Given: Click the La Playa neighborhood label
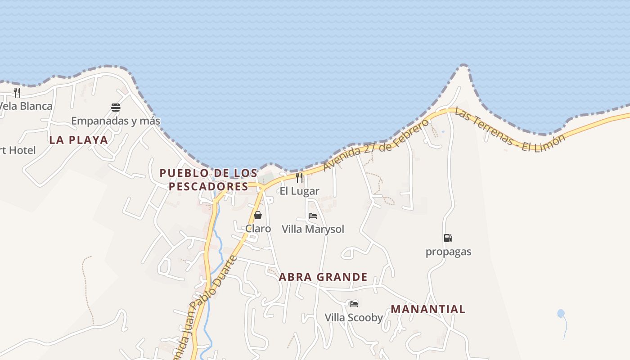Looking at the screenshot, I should [79, 140].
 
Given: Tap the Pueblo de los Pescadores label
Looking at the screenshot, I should [209, 180].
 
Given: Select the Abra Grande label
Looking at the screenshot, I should [323, 277].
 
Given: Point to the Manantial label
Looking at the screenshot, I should [427, 309].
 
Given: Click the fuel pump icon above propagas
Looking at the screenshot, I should [448, 238].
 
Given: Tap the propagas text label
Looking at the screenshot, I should [448, 252].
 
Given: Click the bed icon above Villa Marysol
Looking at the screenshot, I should [313, 216].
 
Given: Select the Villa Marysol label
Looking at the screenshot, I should [313, 229].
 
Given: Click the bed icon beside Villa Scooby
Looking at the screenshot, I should [354, 304].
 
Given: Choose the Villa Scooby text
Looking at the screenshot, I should [354, 318].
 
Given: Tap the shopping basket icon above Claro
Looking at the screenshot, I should [258, 215].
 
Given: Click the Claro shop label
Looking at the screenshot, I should [258, 229].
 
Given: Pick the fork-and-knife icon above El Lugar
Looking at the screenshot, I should [299, 177].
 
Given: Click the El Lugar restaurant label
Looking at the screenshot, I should [299, 191].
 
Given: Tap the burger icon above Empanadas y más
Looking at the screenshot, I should [116, 108].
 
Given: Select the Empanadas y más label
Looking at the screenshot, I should [116, 121].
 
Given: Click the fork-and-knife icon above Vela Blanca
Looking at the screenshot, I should [17, 93].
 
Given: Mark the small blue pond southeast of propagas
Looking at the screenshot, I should [561, 313].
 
